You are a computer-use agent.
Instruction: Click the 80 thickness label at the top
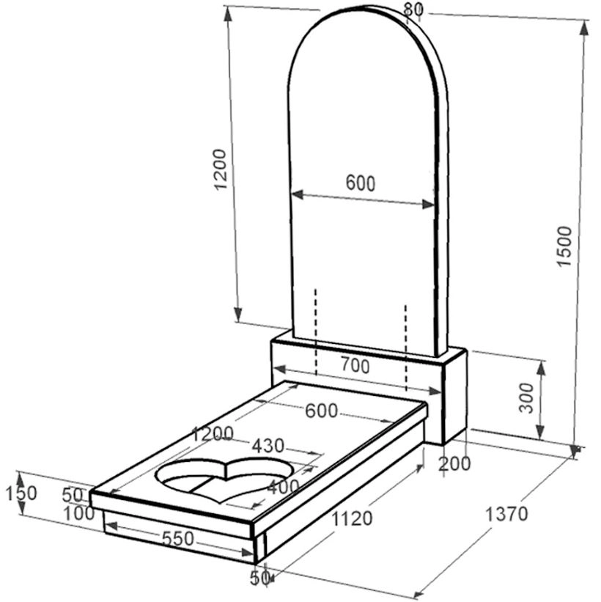coord(413,10)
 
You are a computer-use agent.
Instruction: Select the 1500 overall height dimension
coord(564,246)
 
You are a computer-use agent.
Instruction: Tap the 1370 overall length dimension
coord(506,514)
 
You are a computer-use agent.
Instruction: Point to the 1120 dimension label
coord(352,518)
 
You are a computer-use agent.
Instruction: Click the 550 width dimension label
coord(177,539)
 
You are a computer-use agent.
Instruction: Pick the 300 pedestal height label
coord(526,397)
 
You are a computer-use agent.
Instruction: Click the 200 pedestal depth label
coord(454,464)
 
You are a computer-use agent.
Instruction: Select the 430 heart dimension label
coord(268,446)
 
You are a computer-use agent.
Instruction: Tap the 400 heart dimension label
coord(283,487)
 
